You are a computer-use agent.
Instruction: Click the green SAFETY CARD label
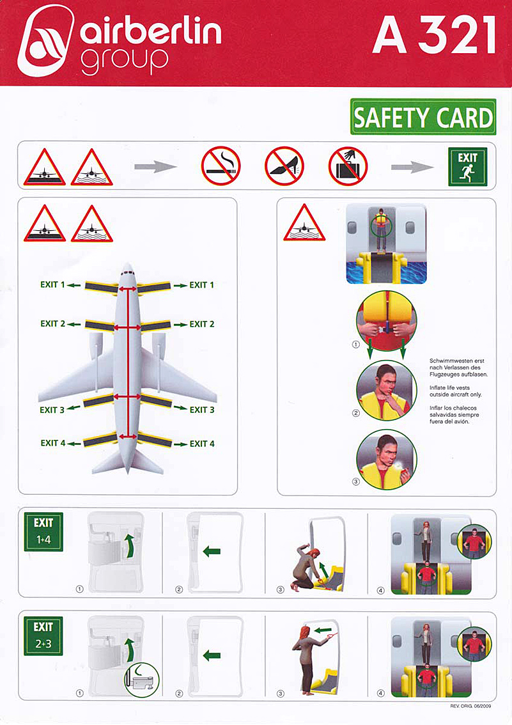(x=423, y=117)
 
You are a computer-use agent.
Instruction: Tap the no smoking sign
(x=221, y=166)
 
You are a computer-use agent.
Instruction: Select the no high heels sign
(x=284, y=166)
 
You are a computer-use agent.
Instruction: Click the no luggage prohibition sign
(x=348, y=166)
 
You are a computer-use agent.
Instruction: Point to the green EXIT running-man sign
(x=468, y=166)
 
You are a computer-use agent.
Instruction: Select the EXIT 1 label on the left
(x=52, y=285)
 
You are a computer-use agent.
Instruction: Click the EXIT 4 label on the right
(x=202, y=444)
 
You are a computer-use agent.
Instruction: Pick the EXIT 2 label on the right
(x=202, y=324)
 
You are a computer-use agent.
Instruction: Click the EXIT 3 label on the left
(x=52, y=410)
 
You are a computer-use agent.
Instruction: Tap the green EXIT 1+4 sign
(x=43, y=532)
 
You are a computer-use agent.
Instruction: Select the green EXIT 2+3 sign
(x=43, y=635)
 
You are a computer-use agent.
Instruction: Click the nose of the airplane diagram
(x=128, y=265)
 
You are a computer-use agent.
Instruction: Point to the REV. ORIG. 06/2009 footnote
(x=470, y=706)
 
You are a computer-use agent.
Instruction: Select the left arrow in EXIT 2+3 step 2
(x=212, y=655)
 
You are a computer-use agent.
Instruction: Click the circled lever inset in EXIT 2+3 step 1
(x=141, y=680)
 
